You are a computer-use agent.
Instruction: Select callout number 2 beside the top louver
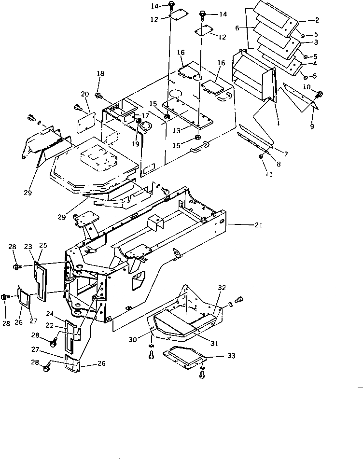[317, 20]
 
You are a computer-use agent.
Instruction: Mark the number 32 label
[222, 287]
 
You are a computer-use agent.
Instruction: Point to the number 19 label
[136, 143]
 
